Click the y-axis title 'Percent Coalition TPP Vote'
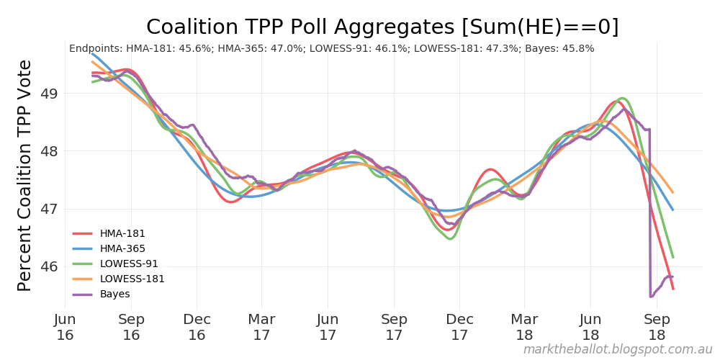24,176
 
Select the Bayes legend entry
115,294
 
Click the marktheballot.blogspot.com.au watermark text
617,349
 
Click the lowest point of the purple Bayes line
651,296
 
